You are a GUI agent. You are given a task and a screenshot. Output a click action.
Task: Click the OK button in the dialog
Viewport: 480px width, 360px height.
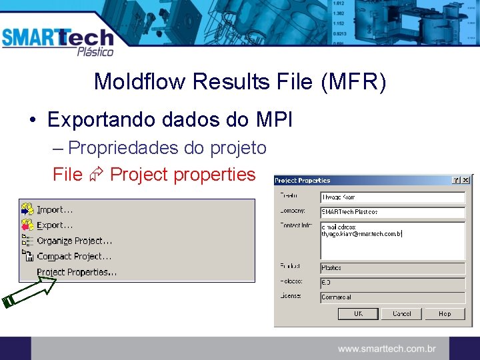[x=358, y=313]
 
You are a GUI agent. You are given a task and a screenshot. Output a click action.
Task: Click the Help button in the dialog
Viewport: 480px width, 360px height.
[x=445, y=313]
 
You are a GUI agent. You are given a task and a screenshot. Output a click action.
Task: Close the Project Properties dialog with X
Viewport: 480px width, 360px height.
[x=466, y=180]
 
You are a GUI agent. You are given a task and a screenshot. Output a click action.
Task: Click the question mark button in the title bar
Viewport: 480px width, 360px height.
[x=456, y=180]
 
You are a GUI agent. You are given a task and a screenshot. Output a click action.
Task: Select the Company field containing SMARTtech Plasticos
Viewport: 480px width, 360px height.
[x=392, y=212]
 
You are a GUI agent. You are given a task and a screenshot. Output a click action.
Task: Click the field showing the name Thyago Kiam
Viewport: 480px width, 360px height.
[x=392, y=197]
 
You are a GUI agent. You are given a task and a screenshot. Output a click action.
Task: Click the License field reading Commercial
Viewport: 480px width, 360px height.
[x=392, y=297]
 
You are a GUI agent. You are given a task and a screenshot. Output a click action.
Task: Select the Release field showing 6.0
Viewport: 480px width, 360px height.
[x=392, y=283]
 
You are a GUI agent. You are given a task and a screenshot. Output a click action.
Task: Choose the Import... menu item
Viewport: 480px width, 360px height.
[x=55, y=209]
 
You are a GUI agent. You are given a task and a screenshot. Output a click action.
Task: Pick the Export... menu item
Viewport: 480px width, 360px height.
[x=55, y=225]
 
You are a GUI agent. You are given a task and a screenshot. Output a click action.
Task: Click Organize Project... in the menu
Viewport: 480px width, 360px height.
[x=74, y=241]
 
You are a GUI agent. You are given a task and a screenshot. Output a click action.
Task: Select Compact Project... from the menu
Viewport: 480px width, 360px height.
[x=74, y=256]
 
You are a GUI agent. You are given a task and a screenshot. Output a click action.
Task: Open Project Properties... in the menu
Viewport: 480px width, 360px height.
[x=77, y=272]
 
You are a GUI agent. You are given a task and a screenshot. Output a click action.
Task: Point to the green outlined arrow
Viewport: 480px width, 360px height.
[x=30, y=290]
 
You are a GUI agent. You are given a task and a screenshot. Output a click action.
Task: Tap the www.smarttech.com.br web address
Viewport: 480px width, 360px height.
[x=387, y=349]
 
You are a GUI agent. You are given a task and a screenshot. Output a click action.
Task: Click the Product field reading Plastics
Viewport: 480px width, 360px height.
[x=392, y=268]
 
